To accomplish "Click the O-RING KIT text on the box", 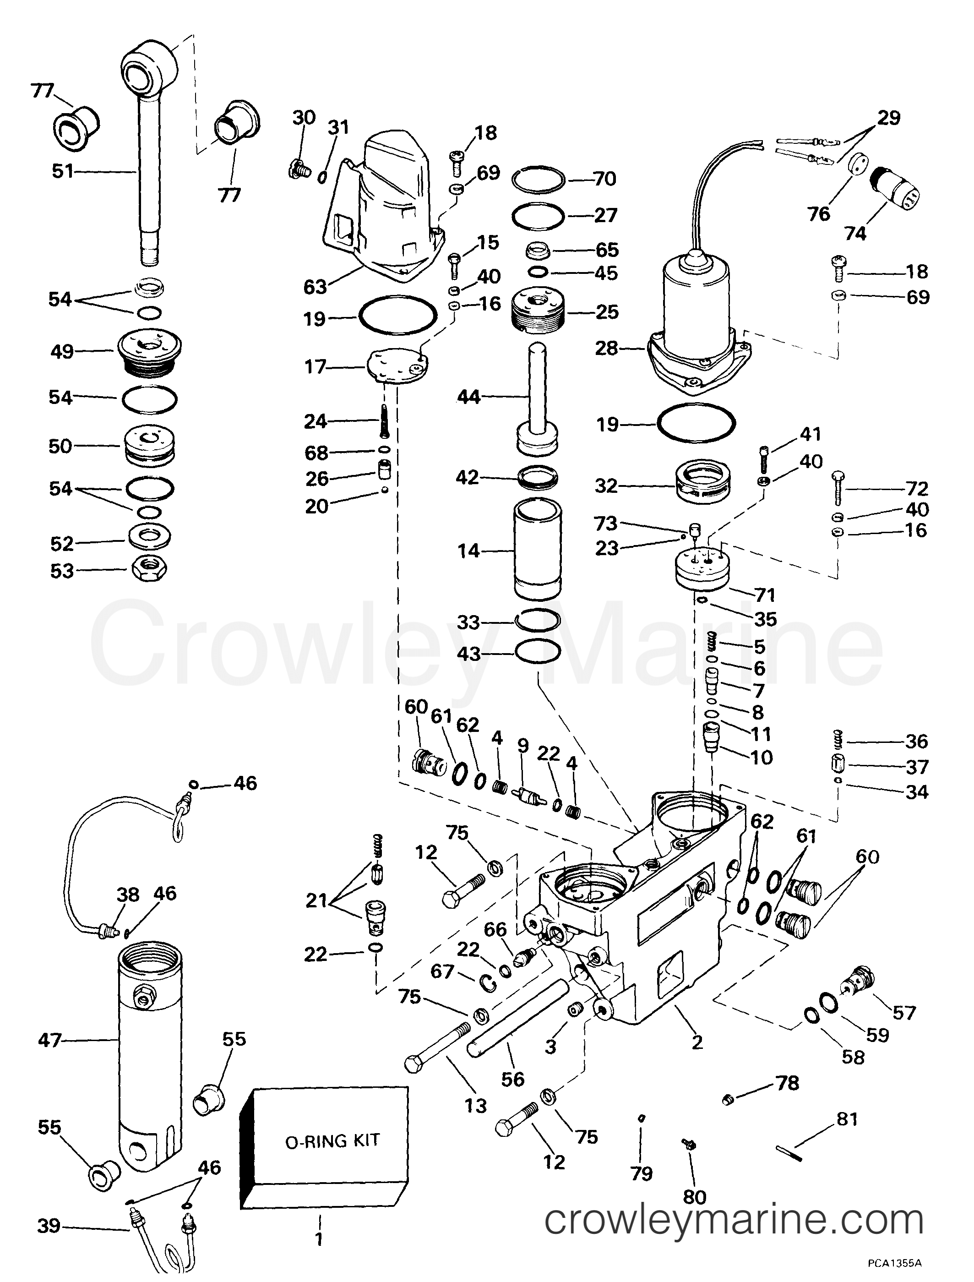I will click(332, 1141).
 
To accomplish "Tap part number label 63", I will click(315, 286).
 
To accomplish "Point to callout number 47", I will click(50, 1040).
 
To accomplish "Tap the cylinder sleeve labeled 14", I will click(538, 550).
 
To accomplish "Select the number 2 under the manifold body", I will click(697, 1042).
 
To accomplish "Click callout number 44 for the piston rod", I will click(468, 397).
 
